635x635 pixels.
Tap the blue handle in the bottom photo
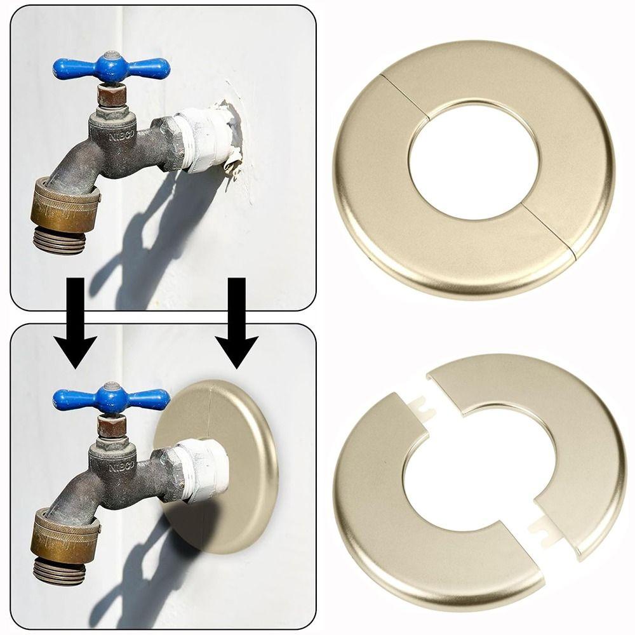click(112, 399)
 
